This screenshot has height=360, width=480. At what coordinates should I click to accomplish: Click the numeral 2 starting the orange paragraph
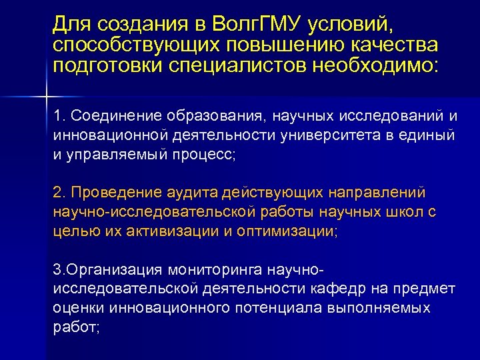pos(57,193)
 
